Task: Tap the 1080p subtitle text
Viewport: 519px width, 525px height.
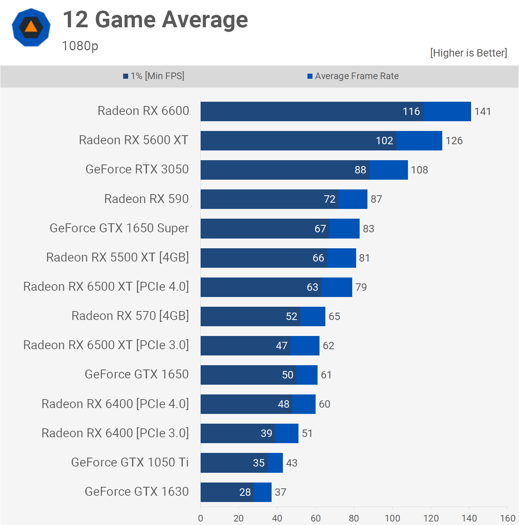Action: [80, 46]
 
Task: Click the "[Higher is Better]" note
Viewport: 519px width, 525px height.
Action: [468, 53]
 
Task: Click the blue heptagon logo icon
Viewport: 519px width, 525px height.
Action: [31, 27]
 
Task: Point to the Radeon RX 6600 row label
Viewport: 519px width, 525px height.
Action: [143, 111]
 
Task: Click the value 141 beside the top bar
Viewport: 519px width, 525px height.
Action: [482, 112]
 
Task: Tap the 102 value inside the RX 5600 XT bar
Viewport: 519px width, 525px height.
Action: [384, 141]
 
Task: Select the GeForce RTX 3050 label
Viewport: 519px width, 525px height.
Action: [137, 170]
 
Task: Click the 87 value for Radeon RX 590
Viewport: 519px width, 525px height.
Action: [376, 199]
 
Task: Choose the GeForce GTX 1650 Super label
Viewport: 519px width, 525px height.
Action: [119, 228]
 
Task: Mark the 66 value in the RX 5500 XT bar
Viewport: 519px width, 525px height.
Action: [318, 258]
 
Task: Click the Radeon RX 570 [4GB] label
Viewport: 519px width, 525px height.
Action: [130, 316]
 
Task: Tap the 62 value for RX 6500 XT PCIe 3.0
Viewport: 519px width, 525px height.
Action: [328, 346]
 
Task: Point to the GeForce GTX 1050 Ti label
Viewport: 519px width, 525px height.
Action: [130, 462]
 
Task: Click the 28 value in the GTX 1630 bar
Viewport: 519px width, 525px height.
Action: [245, 492]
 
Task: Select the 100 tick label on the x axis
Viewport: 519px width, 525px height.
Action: [392, 518]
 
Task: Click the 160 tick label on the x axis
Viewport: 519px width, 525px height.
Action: [507, 518]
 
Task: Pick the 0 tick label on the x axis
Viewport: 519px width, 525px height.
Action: [200, 518]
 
